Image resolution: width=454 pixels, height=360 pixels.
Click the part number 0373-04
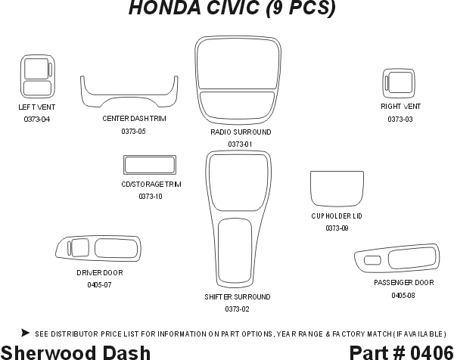click(36, 119)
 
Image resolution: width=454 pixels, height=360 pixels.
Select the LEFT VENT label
click(36, 107)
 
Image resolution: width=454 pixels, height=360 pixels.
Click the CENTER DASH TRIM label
click(134, 119)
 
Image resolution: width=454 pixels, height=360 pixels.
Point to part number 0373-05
click(133, 132)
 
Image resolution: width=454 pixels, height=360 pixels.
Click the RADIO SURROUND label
click(241, 132)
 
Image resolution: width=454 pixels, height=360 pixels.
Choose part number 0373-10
click(151, 197)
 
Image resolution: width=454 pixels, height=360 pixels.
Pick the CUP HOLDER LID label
click(337, 216)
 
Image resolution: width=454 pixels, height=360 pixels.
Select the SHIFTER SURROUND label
click(238, 297)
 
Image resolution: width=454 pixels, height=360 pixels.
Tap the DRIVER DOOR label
click(99, 273)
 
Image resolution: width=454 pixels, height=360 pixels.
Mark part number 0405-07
click(99, 285)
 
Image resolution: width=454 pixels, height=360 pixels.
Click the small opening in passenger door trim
click(372, 260)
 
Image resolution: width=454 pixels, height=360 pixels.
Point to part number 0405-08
click(403, 295)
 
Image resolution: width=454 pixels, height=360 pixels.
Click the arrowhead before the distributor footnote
click(25, 332)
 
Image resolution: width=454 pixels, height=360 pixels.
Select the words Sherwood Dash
click(76, 352)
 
